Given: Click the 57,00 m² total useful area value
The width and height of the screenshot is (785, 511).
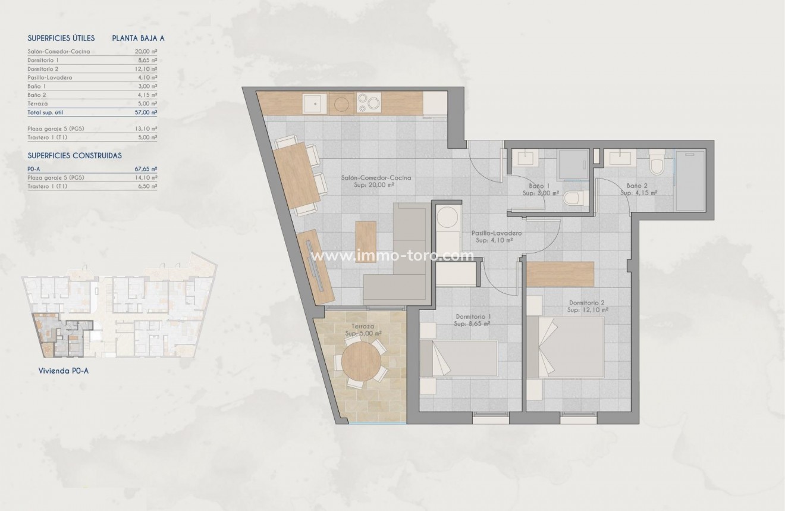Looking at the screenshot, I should pos(146,112).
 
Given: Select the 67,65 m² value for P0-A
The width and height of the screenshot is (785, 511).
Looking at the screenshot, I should pos(146,169).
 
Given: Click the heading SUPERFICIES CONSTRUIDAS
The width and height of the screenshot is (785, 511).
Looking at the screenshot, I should pos(75,155).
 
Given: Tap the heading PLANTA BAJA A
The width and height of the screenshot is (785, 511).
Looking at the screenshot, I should pos(138,38).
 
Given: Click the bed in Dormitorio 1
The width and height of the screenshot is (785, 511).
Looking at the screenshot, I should pos(459,359).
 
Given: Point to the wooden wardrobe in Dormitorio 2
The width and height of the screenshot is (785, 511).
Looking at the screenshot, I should pos(560,274).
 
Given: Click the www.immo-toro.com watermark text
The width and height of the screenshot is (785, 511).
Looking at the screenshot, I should pos(393,256).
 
